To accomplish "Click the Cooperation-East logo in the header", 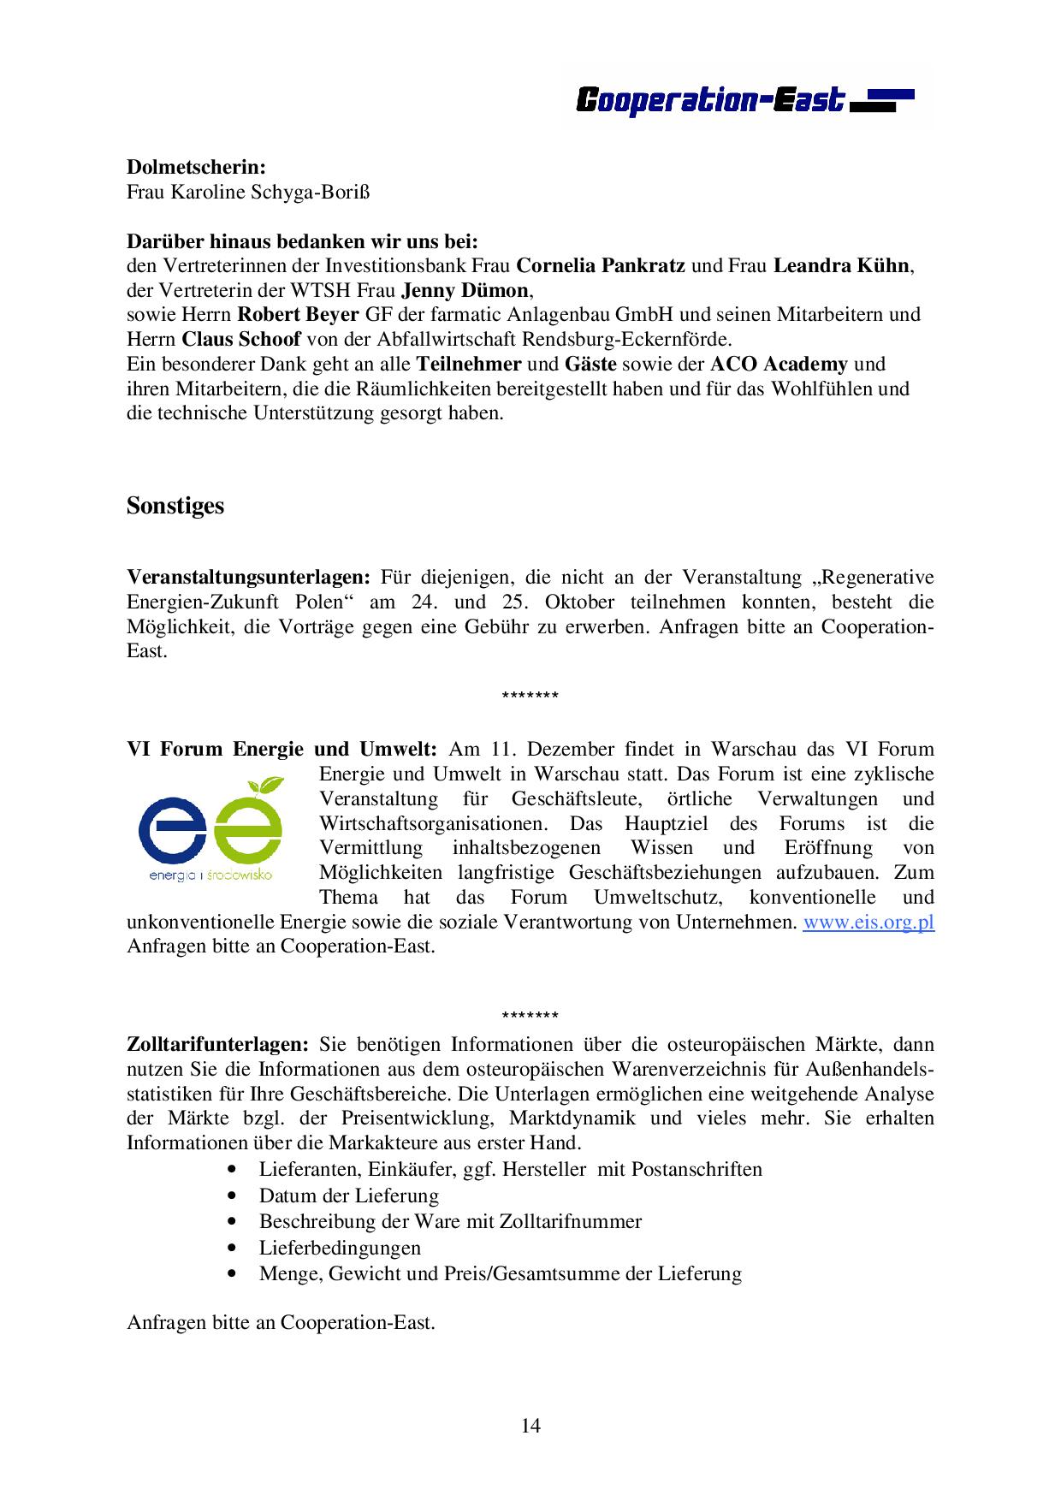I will click(744, 100).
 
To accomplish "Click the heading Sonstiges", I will click(175, 506).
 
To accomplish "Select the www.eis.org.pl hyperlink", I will click(868, 923).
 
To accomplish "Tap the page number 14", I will click(530, 1425).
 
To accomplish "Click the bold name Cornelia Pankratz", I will click(601, 265).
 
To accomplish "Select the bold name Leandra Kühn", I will click(841, 265).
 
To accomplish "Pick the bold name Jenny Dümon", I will click(465, 290).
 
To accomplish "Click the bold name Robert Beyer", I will click(298, 314).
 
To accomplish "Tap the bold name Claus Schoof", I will click(240, 339).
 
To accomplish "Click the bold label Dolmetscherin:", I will click(196, 167).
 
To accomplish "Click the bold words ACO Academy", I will click(779, 364).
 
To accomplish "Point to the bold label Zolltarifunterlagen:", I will click(217, 1044).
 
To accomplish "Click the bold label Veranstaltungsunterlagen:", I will click(248, 578).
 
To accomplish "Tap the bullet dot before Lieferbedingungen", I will click(232, 1248).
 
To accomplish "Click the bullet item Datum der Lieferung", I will click(349, 1195).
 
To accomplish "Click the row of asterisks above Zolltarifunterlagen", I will click(530, 1016).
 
